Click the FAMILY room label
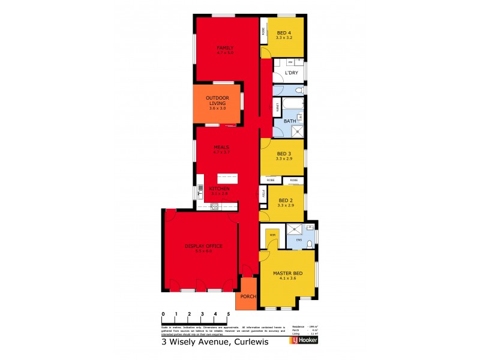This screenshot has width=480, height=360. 225,47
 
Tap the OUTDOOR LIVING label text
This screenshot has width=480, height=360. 217,100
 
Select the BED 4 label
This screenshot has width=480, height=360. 283,32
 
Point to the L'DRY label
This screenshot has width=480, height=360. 291,73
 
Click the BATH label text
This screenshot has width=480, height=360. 289,121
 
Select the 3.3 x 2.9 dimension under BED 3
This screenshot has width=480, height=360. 284,158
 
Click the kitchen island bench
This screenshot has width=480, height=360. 227,178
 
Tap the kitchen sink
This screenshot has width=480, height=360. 201,192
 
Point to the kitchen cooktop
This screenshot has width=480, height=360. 214,206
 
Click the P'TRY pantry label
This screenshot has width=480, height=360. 263,193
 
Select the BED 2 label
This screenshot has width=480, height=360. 284,200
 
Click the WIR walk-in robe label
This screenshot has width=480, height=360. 272,235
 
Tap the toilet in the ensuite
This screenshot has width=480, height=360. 308,243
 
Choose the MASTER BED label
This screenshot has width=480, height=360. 287,273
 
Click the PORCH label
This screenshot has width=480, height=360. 248,296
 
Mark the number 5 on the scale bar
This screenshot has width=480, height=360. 227,314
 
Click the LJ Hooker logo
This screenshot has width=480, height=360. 304,341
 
